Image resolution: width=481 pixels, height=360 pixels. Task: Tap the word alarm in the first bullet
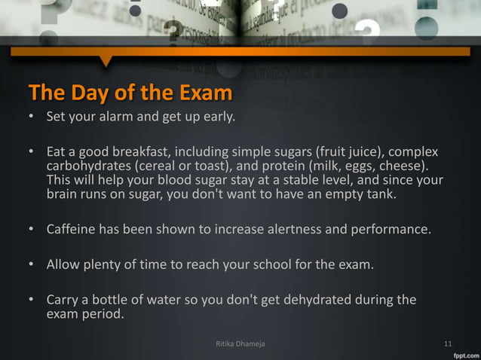pyautogui.click(x=119, y=117)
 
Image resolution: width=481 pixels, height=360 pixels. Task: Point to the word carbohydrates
pyautogui.click(x=89, y=165)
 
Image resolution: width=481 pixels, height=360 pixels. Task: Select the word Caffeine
pyautogui.click(x=73, y=228)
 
